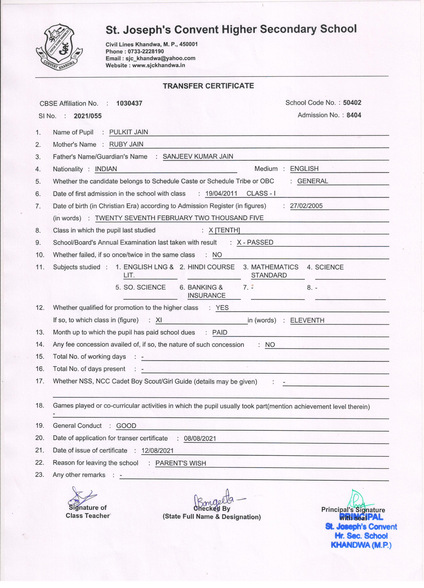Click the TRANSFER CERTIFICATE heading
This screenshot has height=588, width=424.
(x=208, y=86)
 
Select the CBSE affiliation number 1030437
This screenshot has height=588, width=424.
(x=129, y=103)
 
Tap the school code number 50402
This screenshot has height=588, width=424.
(x=352, y=103)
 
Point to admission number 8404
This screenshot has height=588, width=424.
(x=354, y=115)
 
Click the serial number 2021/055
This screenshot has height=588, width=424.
(x=88, y=116)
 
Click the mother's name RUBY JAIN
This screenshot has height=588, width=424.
(x=126, y=144)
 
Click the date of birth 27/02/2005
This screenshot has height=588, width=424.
(x=306, y=206)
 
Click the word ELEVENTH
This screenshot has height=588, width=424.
(x=307, y=320)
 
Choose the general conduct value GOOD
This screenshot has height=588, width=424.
(x=126, y=426)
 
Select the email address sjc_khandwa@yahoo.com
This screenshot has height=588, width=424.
(x=160, y=58)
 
